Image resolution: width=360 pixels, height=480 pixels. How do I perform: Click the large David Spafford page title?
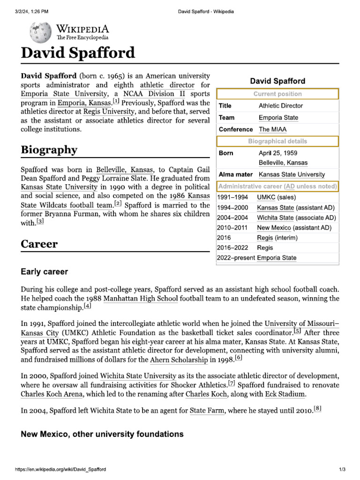(x=78, y=52)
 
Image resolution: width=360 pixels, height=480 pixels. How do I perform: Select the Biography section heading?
(x=49, y=150)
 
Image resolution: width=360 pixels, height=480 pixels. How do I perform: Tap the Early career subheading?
(x=45, y=272)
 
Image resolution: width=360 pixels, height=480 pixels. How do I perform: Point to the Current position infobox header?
(x=277, y=94)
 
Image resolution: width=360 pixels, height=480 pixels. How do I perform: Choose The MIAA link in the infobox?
(x=272, y=129)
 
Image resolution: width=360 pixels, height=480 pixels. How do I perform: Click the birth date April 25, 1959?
(x=277, y=153)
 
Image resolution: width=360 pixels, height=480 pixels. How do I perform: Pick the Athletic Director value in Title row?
(x=281, y=106)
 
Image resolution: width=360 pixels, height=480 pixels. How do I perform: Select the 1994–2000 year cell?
(x=233, y=207)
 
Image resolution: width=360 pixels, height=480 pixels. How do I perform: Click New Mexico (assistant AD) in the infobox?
(x=294, y=228)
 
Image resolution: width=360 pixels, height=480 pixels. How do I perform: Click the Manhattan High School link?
(x=140, y=298)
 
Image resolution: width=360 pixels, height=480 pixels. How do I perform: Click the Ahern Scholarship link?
(x=179, y=360)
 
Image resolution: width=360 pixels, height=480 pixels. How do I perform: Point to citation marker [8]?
(x=317, y=409)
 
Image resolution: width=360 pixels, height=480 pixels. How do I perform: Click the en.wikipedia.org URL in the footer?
(x=60, y=469)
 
